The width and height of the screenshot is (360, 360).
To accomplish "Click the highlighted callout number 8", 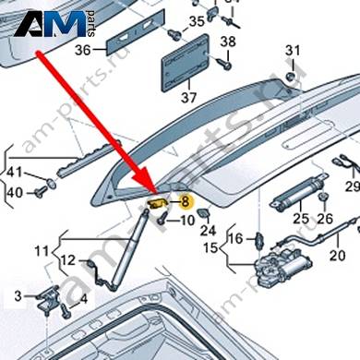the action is (x=185, y=202).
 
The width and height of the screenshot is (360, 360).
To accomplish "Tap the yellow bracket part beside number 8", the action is (x=157, y=203).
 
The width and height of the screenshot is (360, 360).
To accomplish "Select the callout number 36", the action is (x=83, y=50).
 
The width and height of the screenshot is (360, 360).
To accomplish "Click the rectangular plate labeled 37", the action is (x=186, y=63).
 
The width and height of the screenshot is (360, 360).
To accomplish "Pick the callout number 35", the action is (x=197, y=21).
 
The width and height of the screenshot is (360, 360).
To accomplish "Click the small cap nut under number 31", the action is (x=290, y=77).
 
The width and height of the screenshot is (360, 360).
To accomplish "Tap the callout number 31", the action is (x=293, y=50).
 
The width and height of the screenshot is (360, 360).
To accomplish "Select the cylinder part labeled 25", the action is (x=298, y=193).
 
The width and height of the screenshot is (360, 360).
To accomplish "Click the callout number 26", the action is (x=325, y=219).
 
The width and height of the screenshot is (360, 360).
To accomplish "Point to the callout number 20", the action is (x=337, y=255).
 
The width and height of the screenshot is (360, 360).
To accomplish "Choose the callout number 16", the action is (x=235, y=238).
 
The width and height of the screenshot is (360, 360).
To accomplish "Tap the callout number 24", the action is (x=208, y=230).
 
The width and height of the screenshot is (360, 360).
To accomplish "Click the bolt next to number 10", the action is (x=162, y=218).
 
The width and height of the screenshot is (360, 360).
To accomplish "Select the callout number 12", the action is (x=68, y=260).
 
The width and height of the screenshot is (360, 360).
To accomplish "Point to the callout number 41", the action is (x=15, y=172).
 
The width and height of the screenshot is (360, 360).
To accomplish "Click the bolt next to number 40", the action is (x=40, y=193).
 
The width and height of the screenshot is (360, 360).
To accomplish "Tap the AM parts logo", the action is (x=54, y=24).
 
